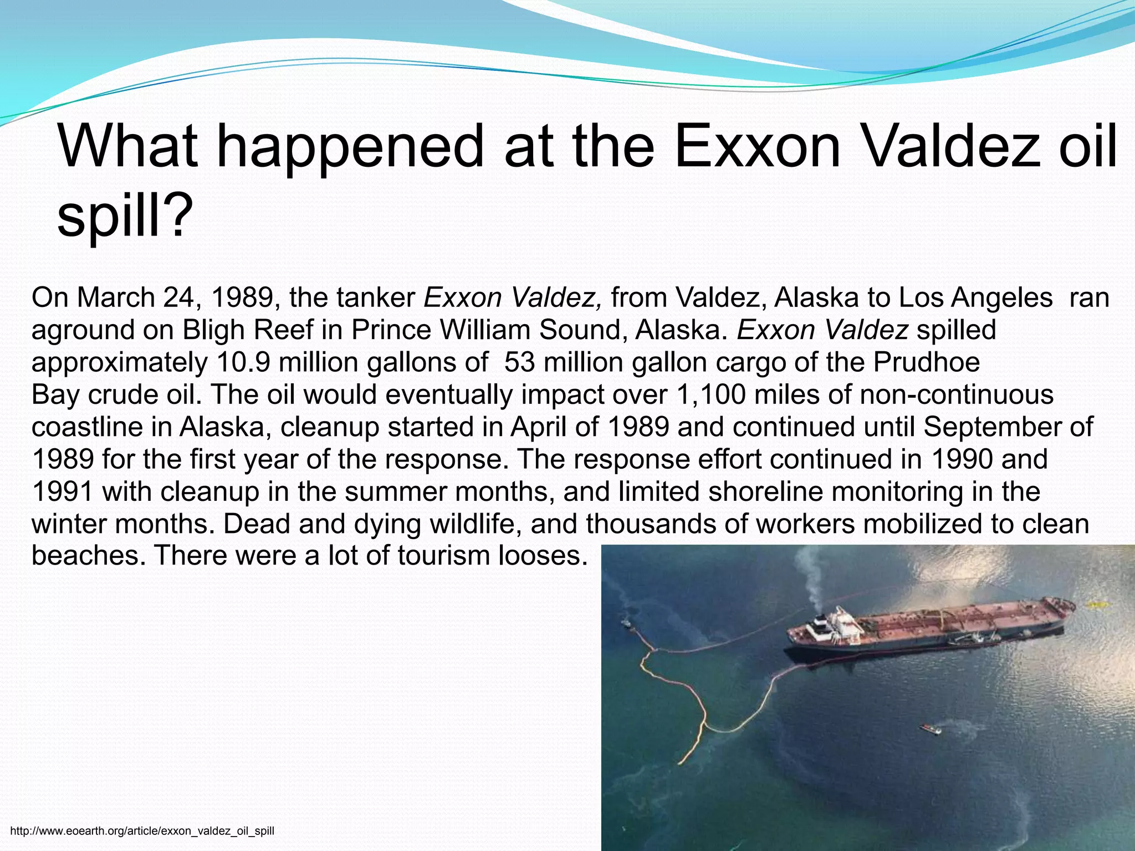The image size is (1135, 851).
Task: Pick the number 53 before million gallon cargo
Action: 519,362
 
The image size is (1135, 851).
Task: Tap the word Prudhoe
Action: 927,362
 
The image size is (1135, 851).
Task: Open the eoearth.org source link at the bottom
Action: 142,831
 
